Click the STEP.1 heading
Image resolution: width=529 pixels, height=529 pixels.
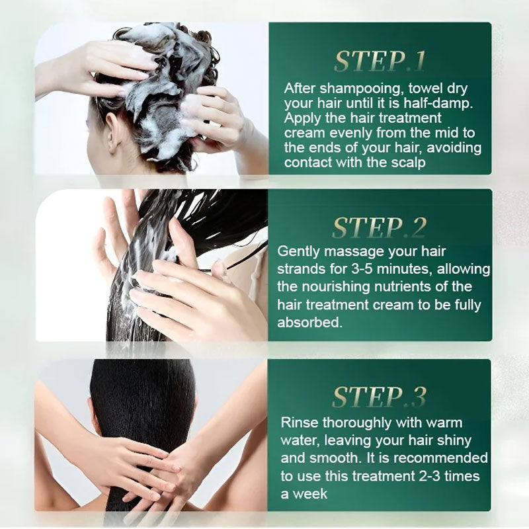tap(379, 61)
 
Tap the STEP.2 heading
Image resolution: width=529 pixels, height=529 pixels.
tap(379, 227)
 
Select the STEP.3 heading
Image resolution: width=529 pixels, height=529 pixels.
tap(379, 396)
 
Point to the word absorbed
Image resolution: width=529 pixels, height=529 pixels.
tap(309, 322)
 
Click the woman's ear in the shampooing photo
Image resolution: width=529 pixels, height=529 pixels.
tap(112, 134)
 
